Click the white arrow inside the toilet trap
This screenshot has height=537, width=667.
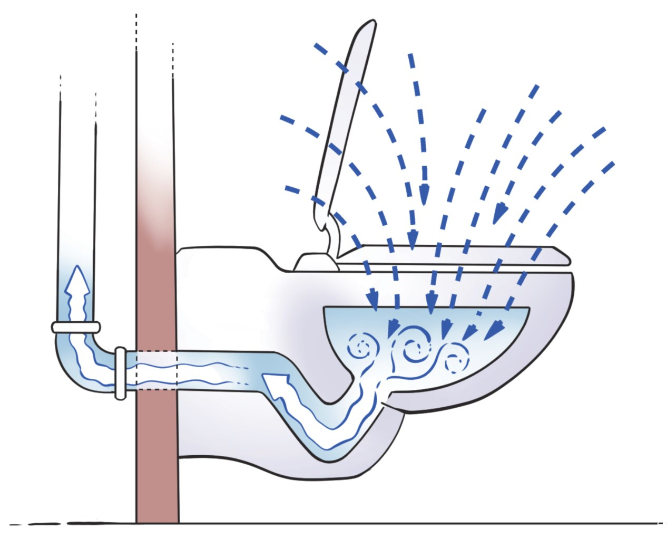279,383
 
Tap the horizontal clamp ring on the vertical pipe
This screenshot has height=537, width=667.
76,327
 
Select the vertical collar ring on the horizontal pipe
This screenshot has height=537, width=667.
120,372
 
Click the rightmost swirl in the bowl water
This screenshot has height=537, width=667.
456,361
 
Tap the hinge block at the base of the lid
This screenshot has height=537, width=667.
314,261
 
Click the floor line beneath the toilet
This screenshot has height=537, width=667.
369,523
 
